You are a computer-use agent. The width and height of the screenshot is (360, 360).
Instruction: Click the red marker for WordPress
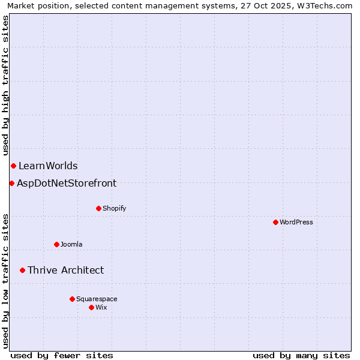pyautogui.click(x=275, y=222)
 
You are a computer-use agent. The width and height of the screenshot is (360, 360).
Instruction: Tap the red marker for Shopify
pyautogui.click(x=98, y=208)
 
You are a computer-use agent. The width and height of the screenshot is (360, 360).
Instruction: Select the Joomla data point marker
pyautogui.click(x=56, y=244)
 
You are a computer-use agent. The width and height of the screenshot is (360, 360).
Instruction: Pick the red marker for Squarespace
pyautogui.click(x=72, y=299)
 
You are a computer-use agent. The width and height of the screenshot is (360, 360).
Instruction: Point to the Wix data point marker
pyautogui.click(x=91, y=307)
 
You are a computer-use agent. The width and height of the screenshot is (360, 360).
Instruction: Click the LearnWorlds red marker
pyautogui.click(x=13, y=166)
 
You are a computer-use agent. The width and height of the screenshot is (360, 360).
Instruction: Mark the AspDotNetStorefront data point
pyautogui.click(x=11, y=183)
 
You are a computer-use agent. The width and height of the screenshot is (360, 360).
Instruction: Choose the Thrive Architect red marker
pyautogui.click(x=23, y=270)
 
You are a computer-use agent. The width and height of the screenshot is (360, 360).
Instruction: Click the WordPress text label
pyautogui.click(x=296, y=222)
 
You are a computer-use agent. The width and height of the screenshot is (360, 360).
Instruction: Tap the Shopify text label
pyautogui.click(x=114, y=208)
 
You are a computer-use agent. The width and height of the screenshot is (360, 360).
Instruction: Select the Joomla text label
pyautogui.click(x=71, y=244)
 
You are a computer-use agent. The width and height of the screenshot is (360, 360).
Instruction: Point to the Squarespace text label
pyautogui.click(x=97, y=299)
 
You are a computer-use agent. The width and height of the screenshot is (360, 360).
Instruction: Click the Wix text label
pyautogui.click(x=101, y=307)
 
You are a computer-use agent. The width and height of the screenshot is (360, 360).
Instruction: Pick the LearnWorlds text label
pyautogui.click(x=48, y=166)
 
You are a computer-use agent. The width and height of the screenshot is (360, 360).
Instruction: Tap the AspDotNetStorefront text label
pyautogui.click(x=67, y=184)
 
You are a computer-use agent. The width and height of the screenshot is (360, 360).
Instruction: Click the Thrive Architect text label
pyautogui.click(x=65, y=271)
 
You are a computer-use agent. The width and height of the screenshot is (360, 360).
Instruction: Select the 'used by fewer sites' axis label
pyautogui.click(x=62, y=355)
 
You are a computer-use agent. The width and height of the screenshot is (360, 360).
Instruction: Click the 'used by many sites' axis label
pyautogui.click(x=301, y=355)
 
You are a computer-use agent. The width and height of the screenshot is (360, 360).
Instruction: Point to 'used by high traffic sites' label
pyautogui.click(x=6, y=85)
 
